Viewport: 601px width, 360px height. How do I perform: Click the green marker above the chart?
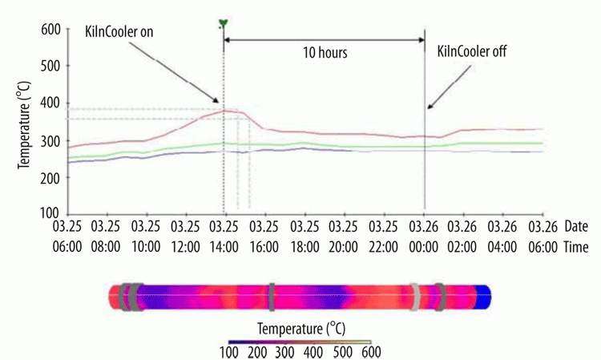[x=224, y=22]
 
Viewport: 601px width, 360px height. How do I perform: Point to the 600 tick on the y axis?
[x=50, y=29]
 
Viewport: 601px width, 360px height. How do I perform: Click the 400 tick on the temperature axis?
[x=50, y=103]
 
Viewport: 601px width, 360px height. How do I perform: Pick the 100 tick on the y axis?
[x=50, y=215]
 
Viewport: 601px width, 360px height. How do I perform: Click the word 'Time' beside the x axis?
[x=577, y=249]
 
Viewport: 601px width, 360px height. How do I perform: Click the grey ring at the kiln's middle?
[x=272, y=296]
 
